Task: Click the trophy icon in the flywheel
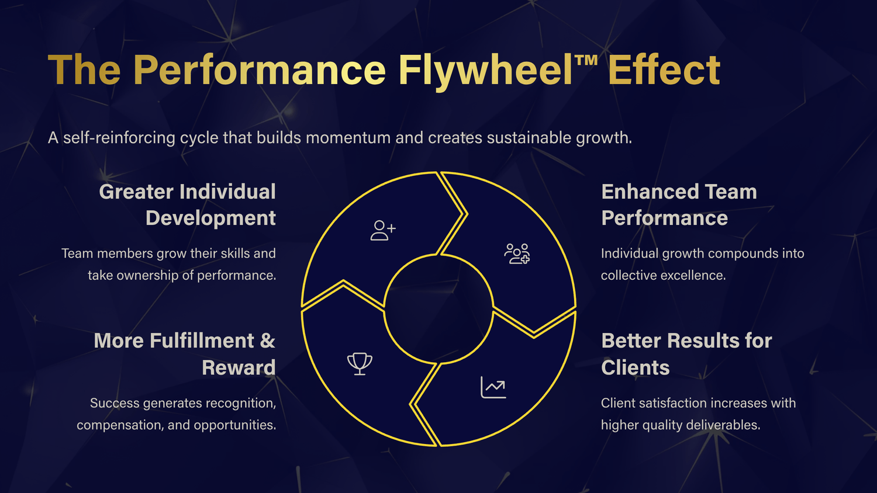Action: pyautogui.click(x=360, y=364)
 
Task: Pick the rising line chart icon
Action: pyautogui.click(x=493, y=387)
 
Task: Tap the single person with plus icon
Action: pyautogui.click(x=383, y=230)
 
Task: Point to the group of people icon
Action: pyautogui.click(x=517, y=254)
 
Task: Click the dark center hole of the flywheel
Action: pyautogui.click(x=438, y=309)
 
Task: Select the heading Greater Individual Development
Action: pyautogui.click(x=188, y=204)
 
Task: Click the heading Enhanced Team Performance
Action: pyautogui.click(x=679, y=204)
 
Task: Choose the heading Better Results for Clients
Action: pyautogui.click(x=686, y=354)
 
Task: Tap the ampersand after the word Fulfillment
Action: pyautogui.click(x=268, y=341)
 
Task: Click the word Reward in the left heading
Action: pyautogui.click(x=239, y=368)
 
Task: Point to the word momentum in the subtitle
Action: pyautogui.click(x=348, y=138)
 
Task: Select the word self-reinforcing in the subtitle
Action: pyautogui.click(x=119, y=138)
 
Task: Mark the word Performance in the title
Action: pyautogui.click(x=260, y=71)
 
